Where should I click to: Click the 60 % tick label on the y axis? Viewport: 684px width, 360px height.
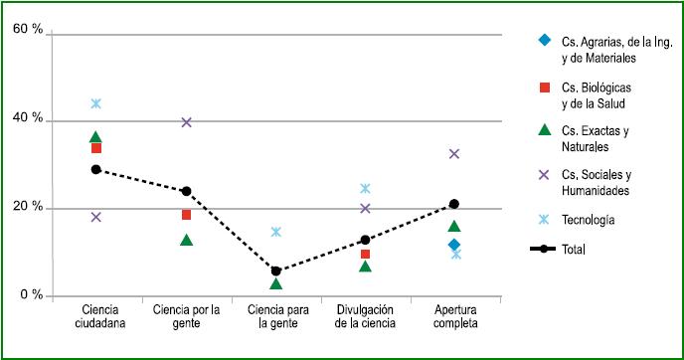(28, 32)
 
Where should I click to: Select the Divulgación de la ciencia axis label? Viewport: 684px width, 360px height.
(365, 316)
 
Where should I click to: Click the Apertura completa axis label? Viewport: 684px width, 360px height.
(453, 316)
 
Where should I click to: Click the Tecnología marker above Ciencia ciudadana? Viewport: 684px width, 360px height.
(96, 103)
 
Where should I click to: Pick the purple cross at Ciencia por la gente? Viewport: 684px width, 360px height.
(186, 122)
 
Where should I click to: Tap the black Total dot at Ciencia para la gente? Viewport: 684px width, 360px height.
(275, 270)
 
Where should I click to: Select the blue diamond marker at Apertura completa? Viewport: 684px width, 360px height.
(454, 245)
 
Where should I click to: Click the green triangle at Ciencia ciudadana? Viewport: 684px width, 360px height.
(96, 137)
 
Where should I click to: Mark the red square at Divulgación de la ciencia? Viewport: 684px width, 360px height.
(365, 255)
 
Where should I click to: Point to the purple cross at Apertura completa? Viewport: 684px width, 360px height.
(454, 154)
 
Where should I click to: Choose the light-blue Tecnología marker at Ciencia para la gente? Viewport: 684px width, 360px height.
(275, 232)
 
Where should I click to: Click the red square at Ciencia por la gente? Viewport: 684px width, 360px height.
(186, 215)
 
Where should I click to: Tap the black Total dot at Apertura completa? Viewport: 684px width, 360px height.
(454, 204)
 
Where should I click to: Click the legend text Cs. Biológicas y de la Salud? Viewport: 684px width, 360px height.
(596, 95)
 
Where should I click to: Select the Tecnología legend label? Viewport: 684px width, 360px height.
(588, 220)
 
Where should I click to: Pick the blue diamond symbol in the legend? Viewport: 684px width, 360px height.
(544, 41)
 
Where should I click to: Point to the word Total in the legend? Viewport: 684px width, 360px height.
(575, 250)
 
